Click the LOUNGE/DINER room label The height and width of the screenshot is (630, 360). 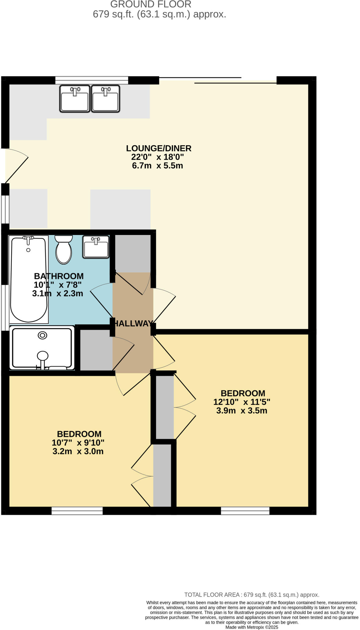coord(158,148)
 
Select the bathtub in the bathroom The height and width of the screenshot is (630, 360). coord(29,279)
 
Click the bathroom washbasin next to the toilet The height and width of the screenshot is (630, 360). coord(96,247)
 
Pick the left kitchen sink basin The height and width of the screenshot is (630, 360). coord(75,98)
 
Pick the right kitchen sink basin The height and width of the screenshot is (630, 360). coord(106,98)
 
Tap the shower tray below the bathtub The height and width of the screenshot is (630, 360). coord(42,348)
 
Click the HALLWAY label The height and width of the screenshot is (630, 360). coord(133,323)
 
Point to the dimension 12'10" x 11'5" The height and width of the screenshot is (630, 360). coord(242,402)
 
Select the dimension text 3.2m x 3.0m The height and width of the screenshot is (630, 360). coord(78,451)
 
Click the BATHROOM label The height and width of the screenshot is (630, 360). coord(58,276)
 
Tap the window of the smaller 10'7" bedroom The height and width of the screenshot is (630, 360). coord(77,511)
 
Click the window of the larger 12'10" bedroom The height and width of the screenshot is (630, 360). coord(245,511)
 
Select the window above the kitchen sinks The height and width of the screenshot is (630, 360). coord(91,80)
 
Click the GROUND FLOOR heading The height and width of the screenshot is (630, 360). coord(151,4)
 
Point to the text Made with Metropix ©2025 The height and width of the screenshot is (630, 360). coord(252,627)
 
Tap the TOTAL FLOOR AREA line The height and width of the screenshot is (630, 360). coord(251,595)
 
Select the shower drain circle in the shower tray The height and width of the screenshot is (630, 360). coord(42,335)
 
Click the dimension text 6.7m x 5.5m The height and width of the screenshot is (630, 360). coord(158,165)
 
